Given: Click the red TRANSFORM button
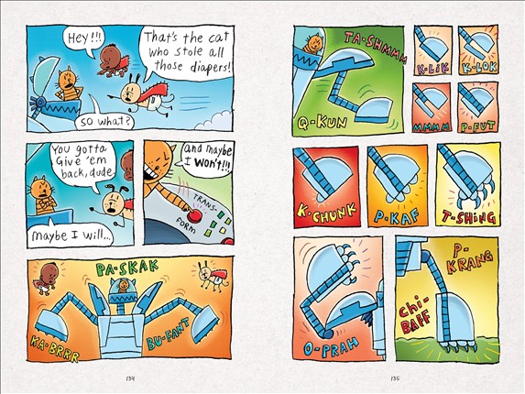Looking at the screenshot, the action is point(193,216).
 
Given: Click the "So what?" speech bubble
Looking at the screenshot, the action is point(104,120).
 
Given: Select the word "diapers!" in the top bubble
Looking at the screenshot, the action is point(210,67).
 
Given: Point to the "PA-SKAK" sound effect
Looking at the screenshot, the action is point(126,268).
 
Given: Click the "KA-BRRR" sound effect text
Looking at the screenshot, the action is point(55,349).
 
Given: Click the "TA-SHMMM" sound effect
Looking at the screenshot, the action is point(376,48).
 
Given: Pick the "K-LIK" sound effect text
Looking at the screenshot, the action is point(432,69).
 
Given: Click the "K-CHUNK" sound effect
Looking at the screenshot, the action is point(326,213).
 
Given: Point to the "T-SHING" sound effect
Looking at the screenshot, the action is point(469,217).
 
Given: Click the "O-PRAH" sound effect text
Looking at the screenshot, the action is point(331,345).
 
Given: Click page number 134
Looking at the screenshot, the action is point(130,378).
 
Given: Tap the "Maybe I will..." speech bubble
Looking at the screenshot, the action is point(71,235).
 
